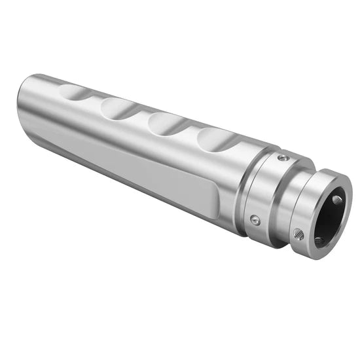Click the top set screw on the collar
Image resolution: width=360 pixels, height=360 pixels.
(x=282, y=158)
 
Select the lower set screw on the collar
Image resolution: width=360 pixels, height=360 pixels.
(x=255, y=220)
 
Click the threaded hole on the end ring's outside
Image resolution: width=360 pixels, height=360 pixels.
(x=298, y=232)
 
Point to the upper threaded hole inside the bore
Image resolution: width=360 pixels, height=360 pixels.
(x=337, y=199)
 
